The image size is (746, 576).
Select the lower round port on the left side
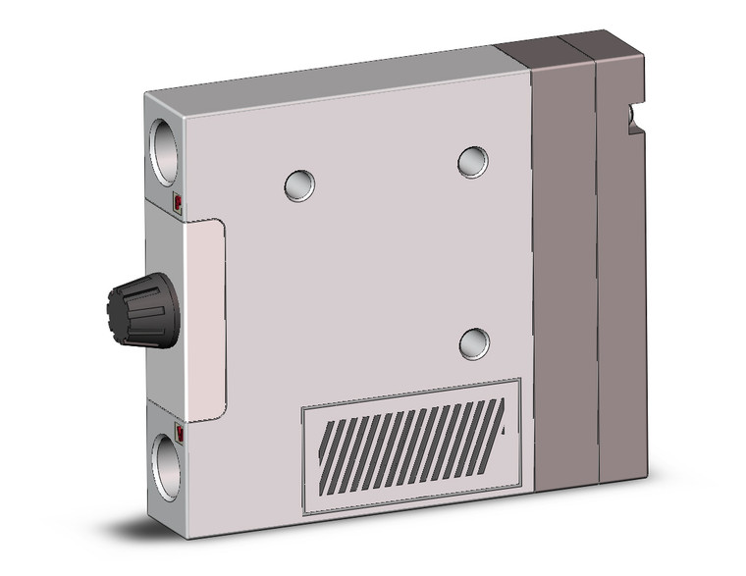[165, 462]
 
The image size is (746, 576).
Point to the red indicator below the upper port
[178, 204]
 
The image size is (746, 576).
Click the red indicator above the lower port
[179, 430]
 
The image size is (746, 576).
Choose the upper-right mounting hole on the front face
[472, 161]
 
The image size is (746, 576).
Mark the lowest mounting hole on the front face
[474, 341]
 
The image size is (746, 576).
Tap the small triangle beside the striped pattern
[505, 429]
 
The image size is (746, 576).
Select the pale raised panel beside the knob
[204, 320]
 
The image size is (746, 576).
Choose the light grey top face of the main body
[324, 74]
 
